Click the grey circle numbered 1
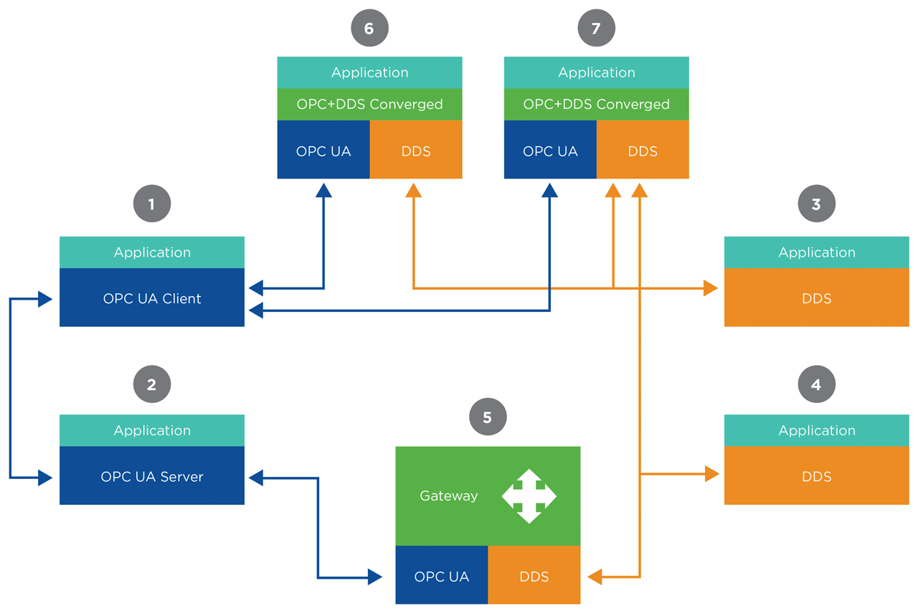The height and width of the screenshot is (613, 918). pos(151,204)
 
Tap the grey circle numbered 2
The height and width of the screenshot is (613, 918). pos(151,385)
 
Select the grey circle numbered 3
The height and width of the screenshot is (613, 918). pos(816,204)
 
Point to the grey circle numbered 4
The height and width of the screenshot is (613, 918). pos(816,385)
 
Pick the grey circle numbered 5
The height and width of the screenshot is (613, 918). pos(488,417)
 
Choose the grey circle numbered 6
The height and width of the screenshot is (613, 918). pos(369,29)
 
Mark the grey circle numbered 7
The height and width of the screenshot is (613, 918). pos(596,29)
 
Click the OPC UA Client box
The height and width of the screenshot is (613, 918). pos(152,298)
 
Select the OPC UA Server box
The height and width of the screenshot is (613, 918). pos(152,476)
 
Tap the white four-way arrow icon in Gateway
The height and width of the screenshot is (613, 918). pos(529,496)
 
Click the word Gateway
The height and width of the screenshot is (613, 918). pos(449,496)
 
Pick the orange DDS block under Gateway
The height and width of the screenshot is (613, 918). pos(534,576)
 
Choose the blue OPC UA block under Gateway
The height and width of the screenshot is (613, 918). pos(442,576)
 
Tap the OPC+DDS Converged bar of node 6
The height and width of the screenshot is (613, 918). pos(369,105)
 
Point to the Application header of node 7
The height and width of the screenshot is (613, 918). pos(596,72)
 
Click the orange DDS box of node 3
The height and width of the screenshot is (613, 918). pos(816,298)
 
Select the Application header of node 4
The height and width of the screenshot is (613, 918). pos(816,430)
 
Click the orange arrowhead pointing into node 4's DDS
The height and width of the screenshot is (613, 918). pos(711,474)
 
